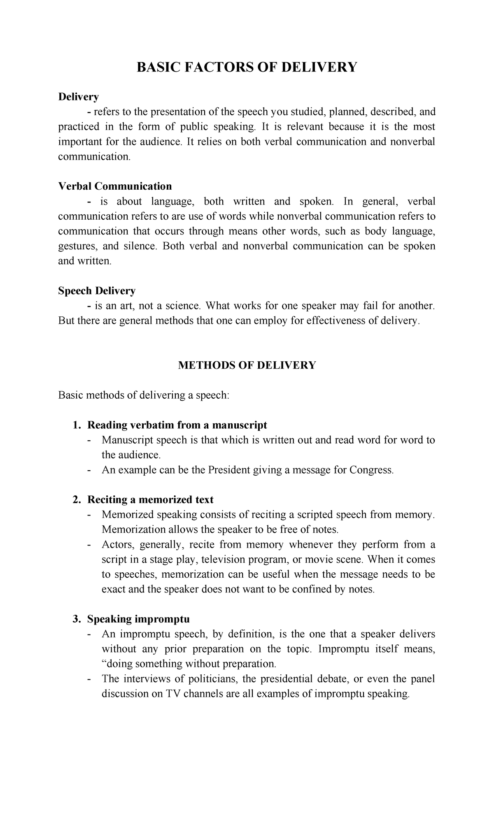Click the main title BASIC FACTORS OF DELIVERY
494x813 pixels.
pos(247,67)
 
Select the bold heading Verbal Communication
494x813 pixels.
pos(115,186)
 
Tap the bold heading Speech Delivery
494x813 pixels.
pos(97,291)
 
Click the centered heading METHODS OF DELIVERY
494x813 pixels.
pos(247,365)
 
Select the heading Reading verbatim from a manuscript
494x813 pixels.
pos(177,425)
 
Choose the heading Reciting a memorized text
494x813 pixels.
pos(150,499)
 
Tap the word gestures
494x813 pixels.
pos(78,246)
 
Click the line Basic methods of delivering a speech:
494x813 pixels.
pos(143,395)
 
